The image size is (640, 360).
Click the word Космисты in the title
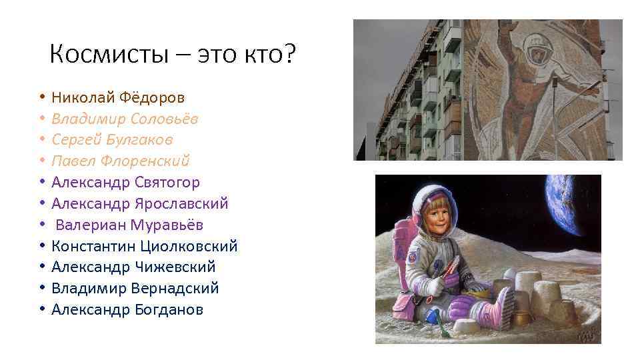(109, 54)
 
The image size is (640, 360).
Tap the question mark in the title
(287, 54)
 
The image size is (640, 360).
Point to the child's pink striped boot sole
(505, 309)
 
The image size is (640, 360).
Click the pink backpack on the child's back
(405, 253)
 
